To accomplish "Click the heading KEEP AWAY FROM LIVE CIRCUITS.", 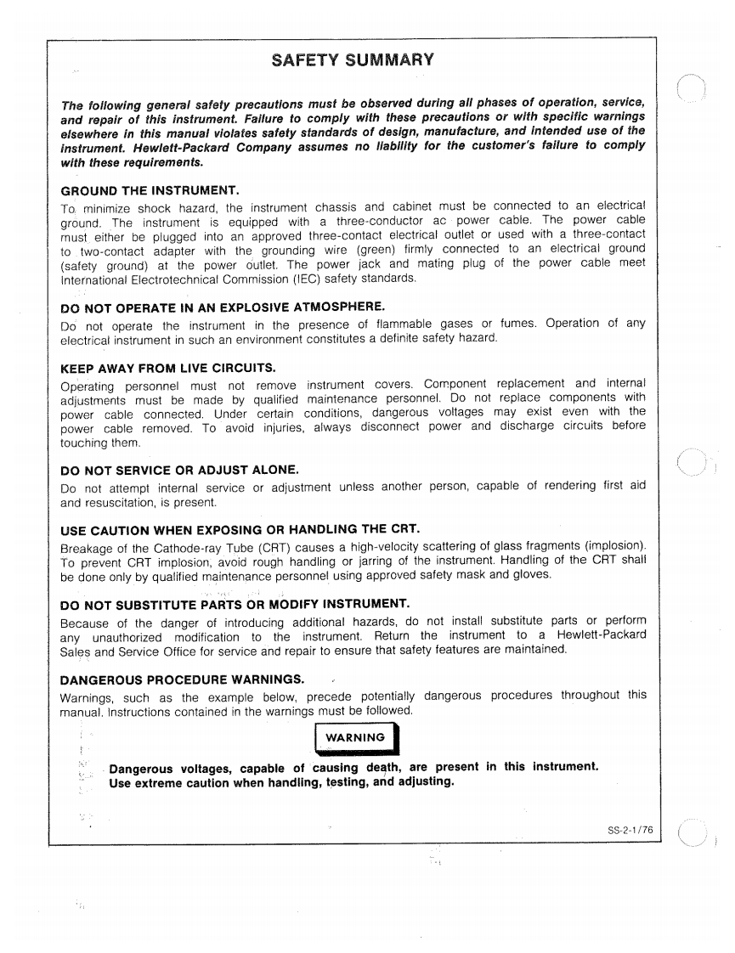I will point(169,368).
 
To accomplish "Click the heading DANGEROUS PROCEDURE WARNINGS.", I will point(182,680).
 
